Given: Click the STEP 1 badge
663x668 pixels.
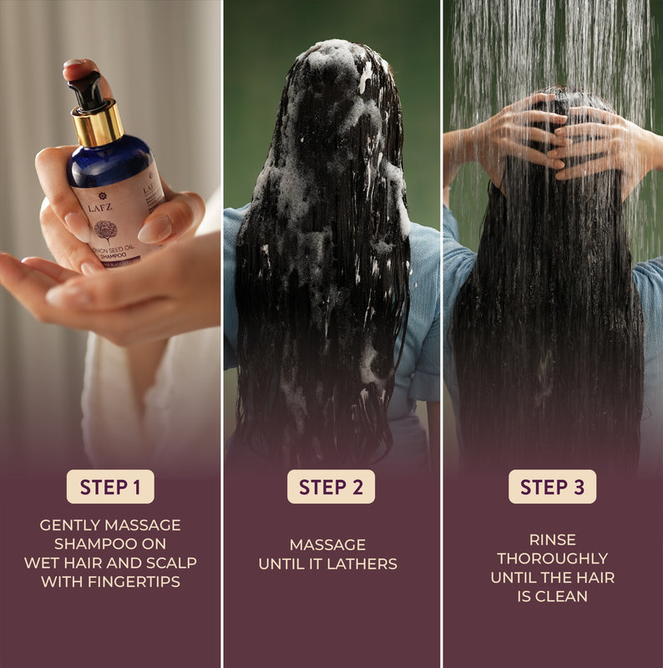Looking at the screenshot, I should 110,487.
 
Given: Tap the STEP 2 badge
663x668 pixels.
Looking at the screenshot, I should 331,487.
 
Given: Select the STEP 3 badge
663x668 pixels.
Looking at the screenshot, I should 552,487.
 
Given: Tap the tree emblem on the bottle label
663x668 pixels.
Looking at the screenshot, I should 105,230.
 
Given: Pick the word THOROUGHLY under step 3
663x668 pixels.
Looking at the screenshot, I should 552,558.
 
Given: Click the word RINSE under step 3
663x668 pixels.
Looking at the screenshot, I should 552,539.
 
